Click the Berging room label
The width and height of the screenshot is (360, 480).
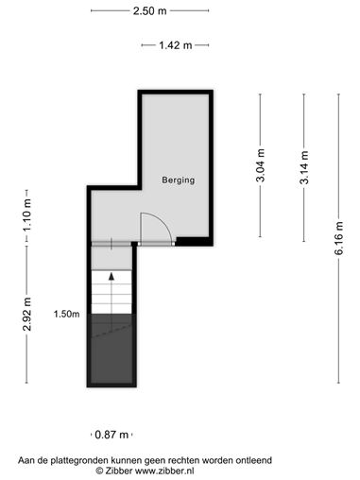point(178,180)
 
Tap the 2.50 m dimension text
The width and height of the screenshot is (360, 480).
point(149,11)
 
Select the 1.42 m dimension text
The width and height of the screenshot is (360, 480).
point(175,45)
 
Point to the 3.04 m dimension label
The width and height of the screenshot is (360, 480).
point(261,165)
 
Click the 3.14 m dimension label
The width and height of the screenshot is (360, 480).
point(304,167)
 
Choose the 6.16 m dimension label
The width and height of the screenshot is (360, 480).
point(339,238)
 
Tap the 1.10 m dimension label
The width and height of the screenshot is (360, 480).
point(27,214)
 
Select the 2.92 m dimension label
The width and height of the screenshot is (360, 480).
point(27,314)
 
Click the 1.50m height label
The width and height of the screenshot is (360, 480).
point(66,314)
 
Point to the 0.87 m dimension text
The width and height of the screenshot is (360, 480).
point(111,435)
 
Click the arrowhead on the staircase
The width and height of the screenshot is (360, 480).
point(111,277)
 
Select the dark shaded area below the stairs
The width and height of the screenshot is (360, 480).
point(111,349)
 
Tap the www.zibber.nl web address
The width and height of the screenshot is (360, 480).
point(164,471)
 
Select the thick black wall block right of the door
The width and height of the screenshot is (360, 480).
point(194,242)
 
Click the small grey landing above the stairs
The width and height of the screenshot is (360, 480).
point(111,258)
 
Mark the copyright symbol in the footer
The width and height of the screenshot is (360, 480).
point(99,471)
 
